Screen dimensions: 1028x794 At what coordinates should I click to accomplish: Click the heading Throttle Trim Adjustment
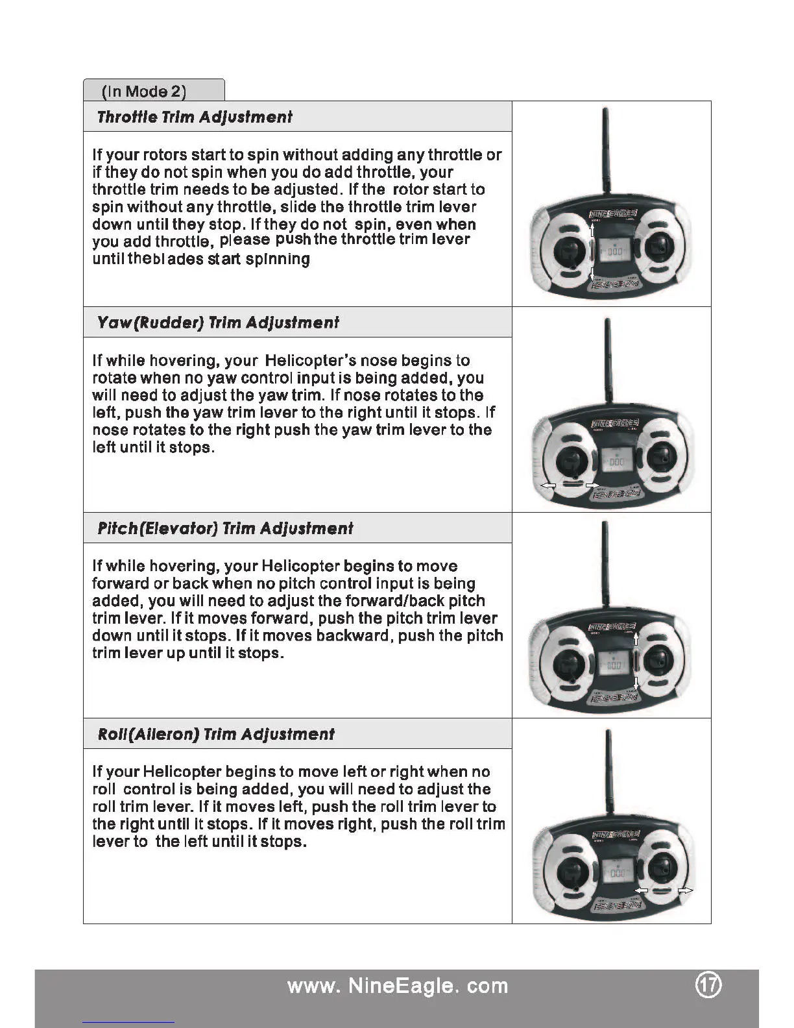coord(194,117)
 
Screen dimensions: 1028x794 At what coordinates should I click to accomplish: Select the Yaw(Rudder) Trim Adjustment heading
coord(217,323)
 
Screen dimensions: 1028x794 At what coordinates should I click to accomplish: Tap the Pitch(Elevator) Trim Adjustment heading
coord(225,528)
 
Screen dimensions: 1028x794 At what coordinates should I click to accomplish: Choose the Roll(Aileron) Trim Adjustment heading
coord(216,734)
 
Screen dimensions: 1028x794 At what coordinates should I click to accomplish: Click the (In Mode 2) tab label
coord(144,91)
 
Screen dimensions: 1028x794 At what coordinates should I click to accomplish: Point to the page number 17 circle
coord(708,985)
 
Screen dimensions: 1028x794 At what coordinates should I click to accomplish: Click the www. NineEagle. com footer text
coord(397,986)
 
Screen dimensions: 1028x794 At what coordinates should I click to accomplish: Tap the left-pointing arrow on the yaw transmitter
coord(549,485)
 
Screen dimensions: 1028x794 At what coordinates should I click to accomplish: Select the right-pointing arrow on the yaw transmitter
coord(592,485)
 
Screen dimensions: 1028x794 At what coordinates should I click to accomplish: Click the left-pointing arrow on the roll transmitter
coord(641,890)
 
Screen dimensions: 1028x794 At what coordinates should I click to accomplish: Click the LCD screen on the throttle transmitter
coord(612,251)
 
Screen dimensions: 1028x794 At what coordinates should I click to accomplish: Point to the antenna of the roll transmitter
coord(609,772)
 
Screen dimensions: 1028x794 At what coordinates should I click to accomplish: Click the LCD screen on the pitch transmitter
coord(612,664)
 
